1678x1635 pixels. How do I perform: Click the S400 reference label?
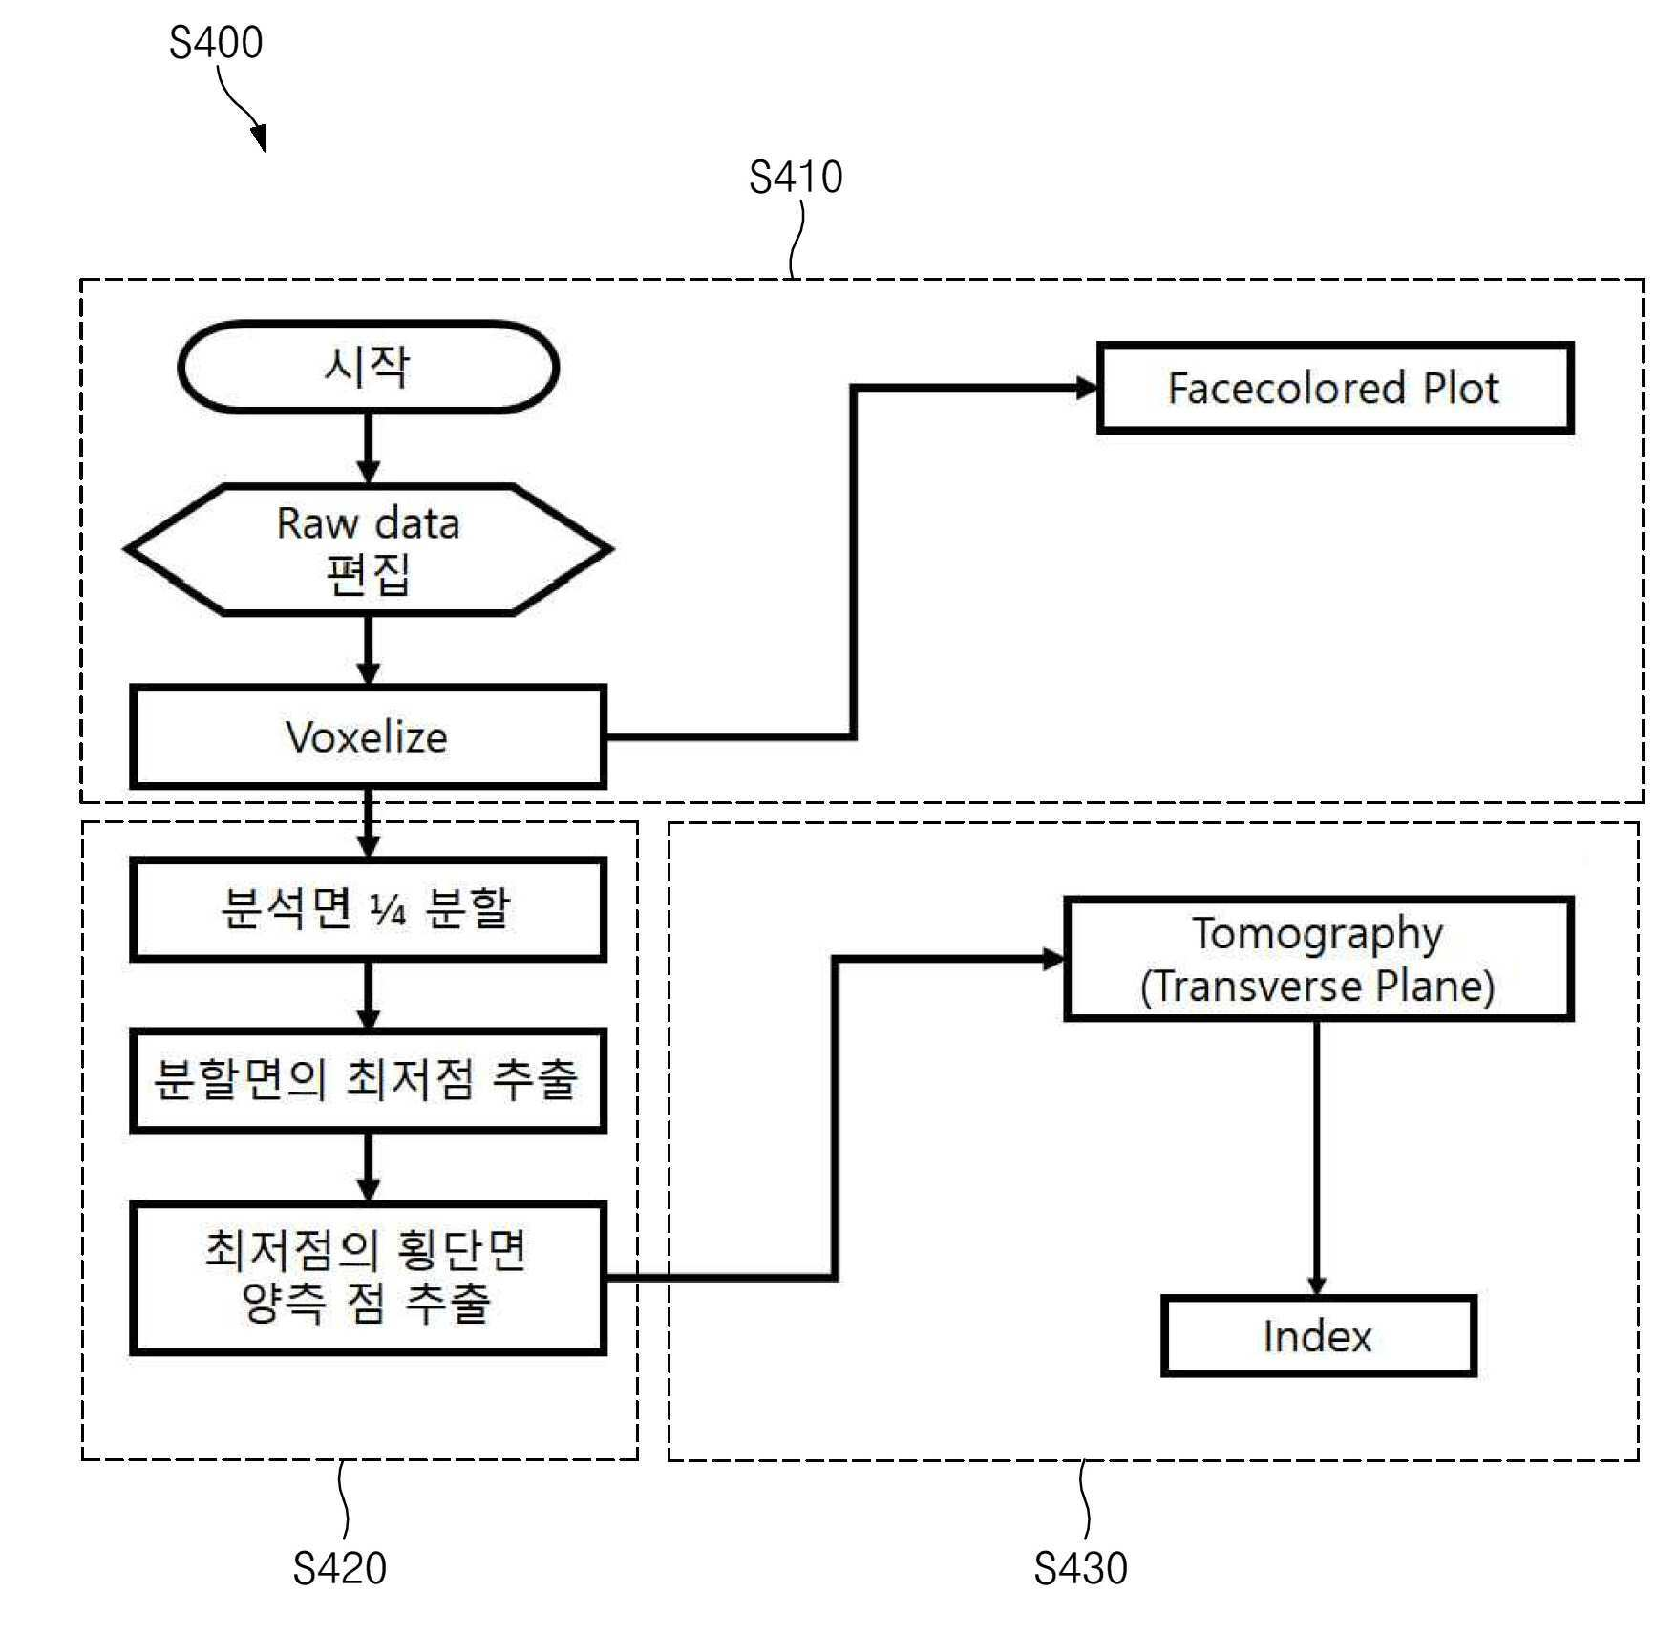click(216, 42)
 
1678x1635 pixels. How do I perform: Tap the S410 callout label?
click(796, 177)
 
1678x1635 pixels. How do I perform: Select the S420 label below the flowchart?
click(340, 1568)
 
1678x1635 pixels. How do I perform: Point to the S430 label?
click(1081, 1568)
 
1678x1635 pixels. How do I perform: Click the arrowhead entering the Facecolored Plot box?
click(1087, 388)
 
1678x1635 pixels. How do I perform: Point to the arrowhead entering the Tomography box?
click(1053, 959)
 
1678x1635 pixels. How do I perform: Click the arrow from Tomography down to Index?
click(1317, 1157)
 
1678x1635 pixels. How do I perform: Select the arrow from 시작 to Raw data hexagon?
click(368, 448)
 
